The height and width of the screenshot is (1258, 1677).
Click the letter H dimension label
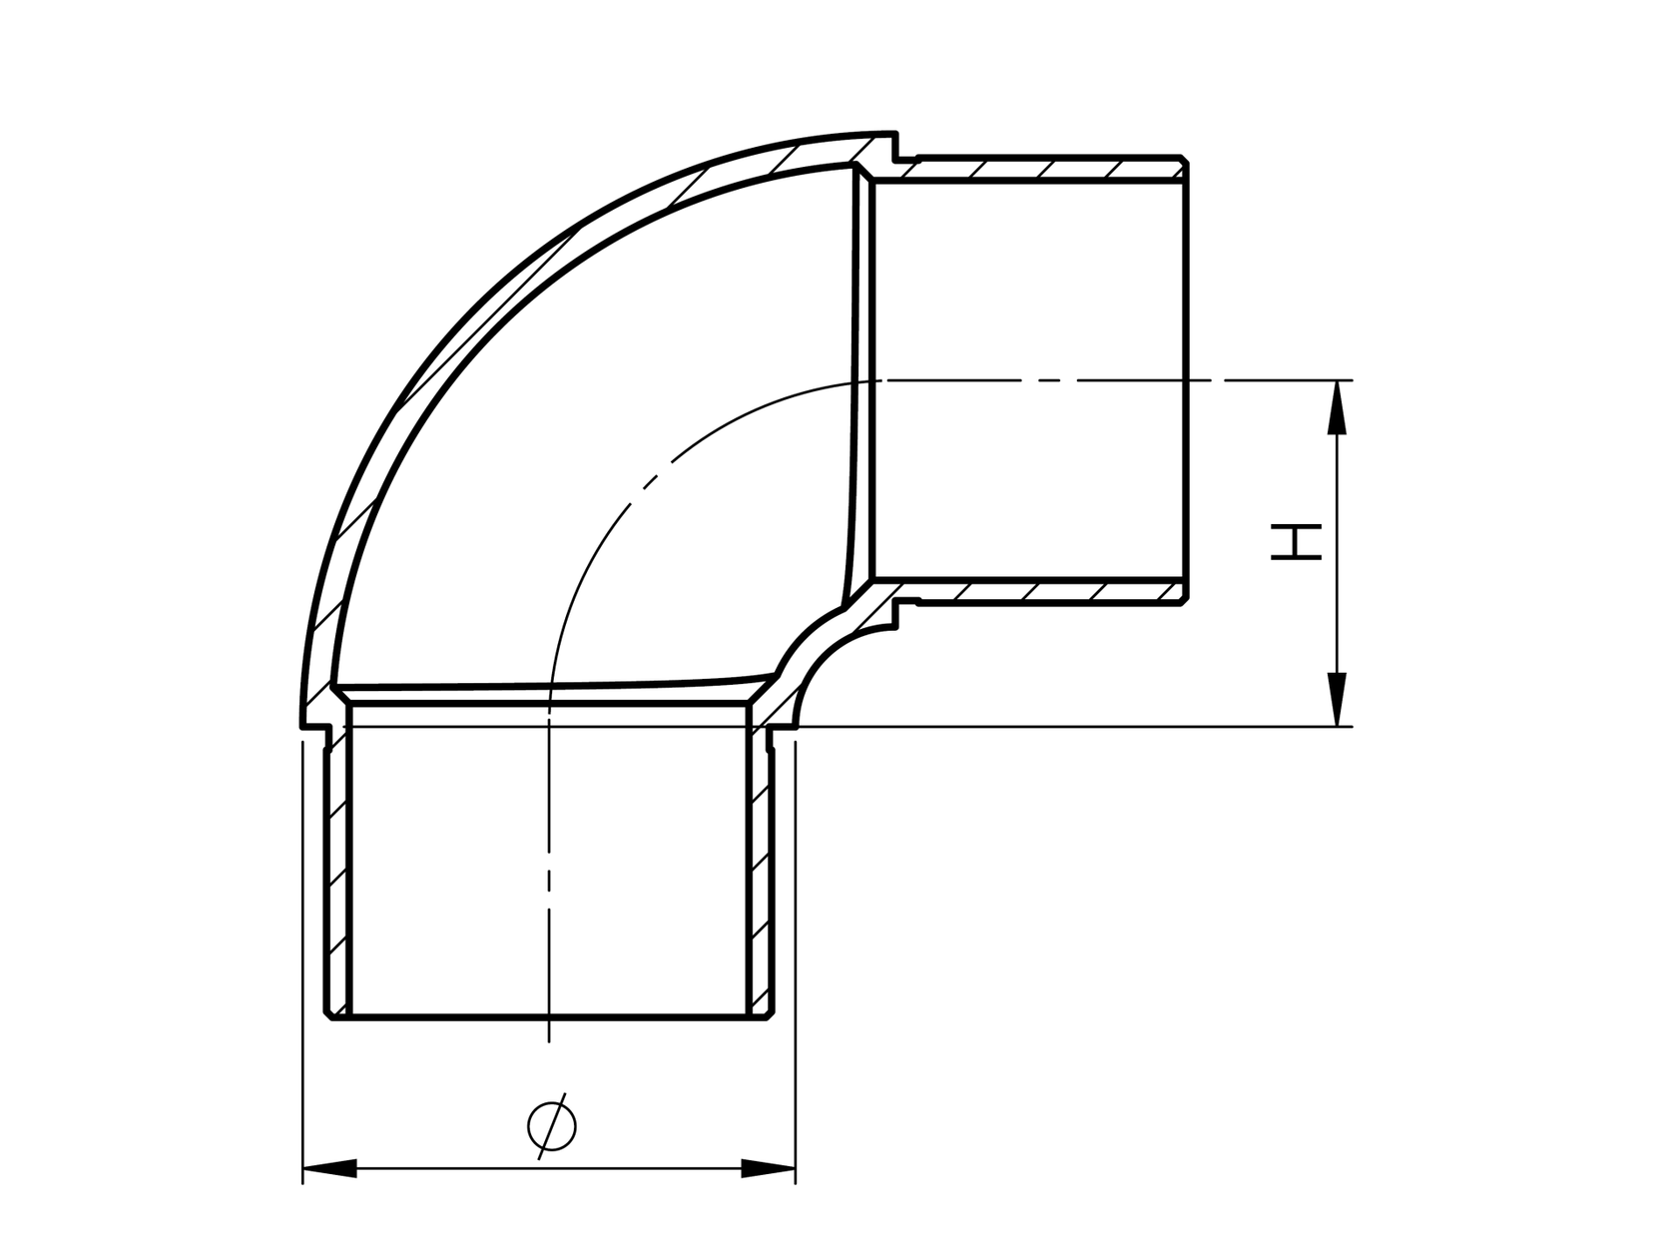point(1297,542)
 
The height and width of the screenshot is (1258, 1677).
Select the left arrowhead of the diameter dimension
point(330,1168)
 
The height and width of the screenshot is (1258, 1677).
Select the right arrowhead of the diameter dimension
point(768,1168)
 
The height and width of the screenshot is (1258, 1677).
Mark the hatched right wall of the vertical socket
point(761,869)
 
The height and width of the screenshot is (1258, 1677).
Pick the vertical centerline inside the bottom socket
point(549,879)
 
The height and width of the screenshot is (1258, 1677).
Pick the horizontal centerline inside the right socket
point(1028,380)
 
